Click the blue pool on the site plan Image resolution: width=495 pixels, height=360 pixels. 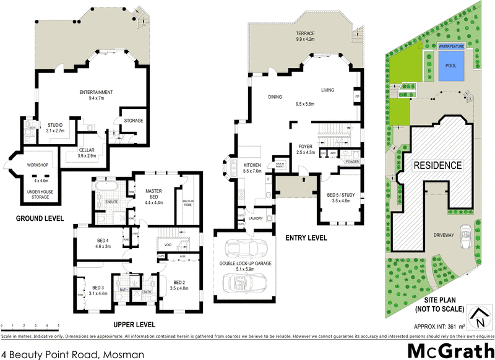tap(452, 67)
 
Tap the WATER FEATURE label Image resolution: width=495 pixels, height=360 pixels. tap(452, 46)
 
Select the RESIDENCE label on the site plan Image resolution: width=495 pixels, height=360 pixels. tap(437, 165)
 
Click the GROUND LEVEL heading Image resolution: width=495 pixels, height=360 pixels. tap(40, 218)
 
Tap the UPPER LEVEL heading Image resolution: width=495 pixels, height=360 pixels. tap(134, 324)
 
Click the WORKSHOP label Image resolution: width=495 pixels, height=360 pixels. tap(38, 165)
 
